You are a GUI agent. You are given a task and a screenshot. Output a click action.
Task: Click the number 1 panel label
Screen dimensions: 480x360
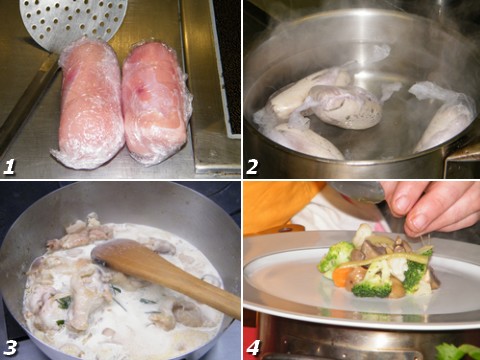(9, 167)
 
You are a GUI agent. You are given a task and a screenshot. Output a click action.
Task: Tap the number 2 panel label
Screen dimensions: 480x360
(252, 167)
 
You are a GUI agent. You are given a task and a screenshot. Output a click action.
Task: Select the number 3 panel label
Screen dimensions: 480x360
(10, 348)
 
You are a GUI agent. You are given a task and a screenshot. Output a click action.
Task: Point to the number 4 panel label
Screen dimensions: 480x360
(253, 348)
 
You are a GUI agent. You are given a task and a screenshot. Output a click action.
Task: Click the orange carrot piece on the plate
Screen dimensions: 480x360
(342, 277)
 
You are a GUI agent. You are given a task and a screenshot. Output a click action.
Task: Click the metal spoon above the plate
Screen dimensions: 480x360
(358, 192)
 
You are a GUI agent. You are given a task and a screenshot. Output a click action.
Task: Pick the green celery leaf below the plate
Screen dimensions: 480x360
(459, 352)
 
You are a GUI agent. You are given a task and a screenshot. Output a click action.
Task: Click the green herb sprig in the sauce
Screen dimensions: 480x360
(64, 303)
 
